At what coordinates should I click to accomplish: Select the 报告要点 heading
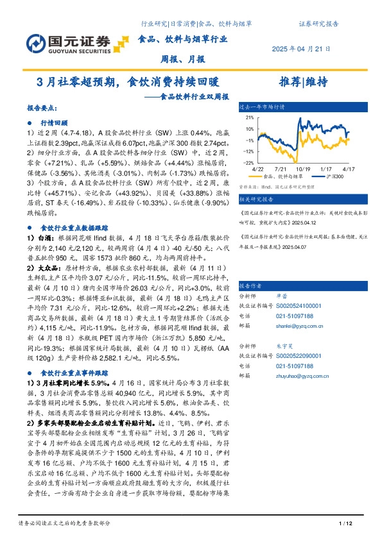pyautogui.click(x=42, y=109)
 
